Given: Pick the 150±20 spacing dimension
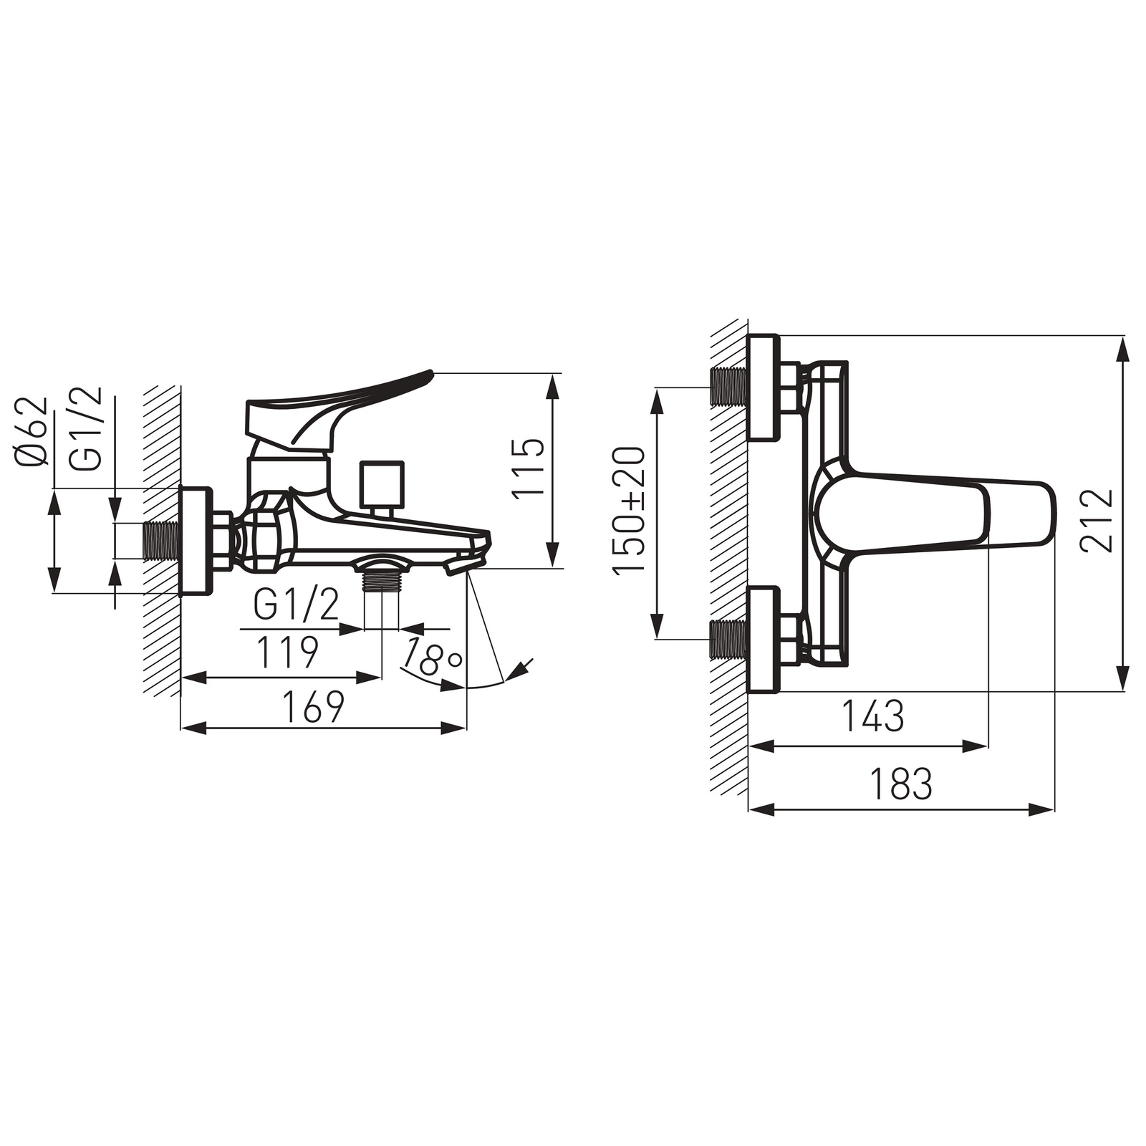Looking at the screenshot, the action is [629, 511].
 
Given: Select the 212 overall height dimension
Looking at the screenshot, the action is [1097, 520].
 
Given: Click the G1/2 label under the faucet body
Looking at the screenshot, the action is [296, 607].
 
